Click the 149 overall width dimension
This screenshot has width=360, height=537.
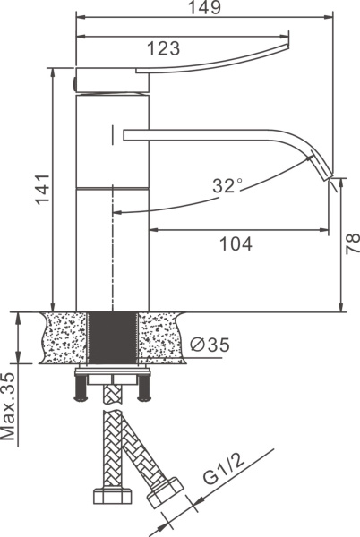[x=205, y=7]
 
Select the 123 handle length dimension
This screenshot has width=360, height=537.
[x=163, y=48]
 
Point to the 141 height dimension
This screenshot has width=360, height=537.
[x=44, y=189]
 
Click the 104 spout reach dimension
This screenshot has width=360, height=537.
[x=236, y=243]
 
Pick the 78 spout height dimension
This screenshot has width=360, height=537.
[x=353, y=243]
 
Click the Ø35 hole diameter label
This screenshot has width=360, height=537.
[x=210, y=345]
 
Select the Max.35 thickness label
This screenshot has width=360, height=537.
[x=8, y=406]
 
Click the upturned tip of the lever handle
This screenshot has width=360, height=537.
[x=287, y=45]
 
